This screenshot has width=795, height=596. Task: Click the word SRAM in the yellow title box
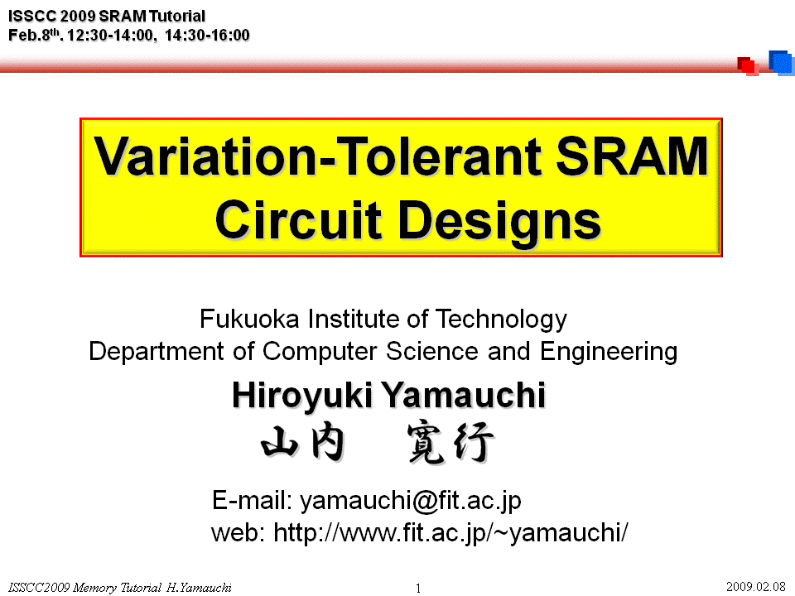[632, 156]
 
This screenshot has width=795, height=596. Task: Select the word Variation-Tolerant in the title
[317, 156]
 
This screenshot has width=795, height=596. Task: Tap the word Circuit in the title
[298, 220]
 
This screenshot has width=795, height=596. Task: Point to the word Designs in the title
[499, 223]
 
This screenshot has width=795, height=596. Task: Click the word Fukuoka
[249, 320]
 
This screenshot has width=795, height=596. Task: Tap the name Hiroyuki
[302, 397]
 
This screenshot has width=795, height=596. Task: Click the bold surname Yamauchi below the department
[464, 395]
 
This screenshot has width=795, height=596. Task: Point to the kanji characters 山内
[303, 441]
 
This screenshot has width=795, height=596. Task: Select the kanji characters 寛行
[450, 443]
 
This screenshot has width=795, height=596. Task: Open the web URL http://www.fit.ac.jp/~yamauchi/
[450, 533]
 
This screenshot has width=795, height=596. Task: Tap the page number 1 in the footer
[418, 589]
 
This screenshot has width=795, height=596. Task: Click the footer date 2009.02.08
[756, 587]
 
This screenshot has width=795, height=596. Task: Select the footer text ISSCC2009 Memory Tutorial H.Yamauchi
[120, 588]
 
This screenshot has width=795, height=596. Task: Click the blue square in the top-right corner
[781, 63]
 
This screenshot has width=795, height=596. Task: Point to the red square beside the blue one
[748, 66]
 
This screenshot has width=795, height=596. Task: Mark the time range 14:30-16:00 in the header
[207, 35]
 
